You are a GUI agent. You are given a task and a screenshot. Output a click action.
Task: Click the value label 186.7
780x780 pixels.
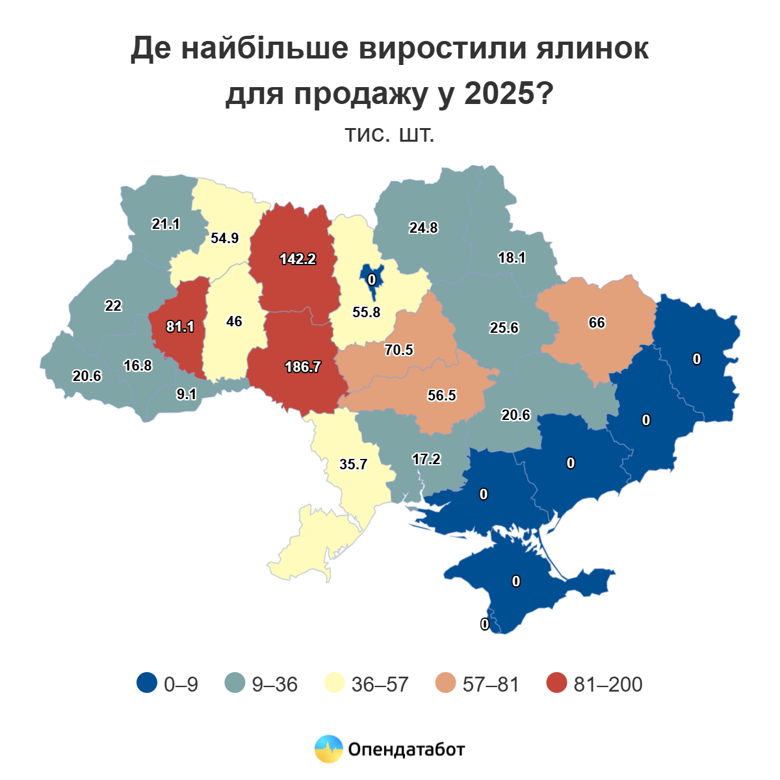point(303,367)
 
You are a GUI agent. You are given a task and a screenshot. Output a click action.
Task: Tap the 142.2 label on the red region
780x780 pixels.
point(298,259)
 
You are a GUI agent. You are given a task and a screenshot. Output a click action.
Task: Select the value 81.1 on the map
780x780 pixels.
point(180,326)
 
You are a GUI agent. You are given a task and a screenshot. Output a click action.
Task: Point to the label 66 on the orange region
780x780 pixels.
point(597,322)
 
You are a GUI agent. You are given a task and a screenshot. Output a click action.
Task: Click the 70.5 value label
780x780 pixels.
point(398,350)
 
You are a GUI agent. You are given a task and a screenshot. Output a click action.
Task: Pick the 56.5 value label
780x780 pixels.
point(442,395)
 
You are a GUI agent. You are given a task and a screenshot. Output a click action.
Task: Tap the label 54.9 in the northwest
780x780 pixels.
point(225,238)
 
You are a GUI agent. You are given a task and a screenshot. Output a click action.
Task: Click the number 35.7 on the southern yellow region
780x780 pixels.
point(354,464)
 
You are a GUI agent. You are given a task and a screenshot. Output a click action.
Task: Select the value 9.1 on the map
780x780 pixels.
point(187,393)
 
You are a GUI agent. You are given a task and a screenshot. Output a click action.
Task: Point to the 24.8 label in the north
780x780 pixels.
point(423,227)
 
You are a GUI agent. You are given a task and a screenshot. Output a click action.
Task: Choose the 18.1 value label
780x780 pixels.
point(512,257)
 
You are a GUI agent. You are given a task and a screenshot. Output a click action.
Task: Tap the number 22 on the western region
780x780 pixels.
point(113,305)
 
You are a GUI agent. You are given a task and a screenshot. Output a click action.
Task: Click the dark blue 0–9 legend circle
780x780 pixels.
point(147,683)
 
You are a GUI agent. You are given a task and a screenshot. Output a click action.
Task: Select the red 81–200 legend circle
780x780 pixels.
point(556,683)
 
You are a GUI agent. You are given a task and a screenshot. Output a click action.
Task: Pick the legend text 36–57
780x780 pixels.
point(380,684)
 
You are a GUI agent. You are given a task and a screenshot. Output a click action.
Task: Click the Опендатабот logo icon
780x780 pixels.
point(328,749)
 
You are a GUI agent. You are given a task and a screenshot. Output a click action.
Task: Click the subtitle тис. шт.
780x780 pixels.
point(389,135)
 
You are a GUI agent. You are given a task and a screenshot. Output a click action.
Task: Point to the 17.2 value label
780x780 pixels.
point(426,459)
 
